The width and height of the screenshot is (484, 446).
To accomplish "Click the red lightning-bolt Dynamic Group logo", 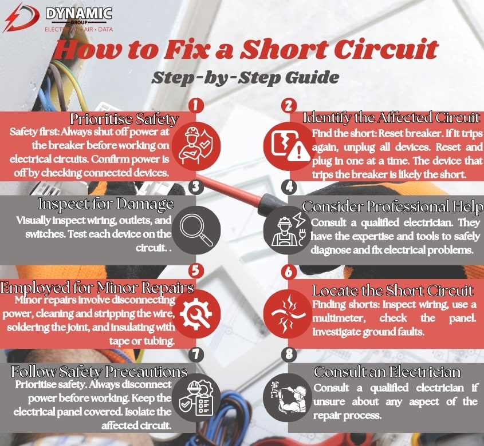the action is click(21, 18).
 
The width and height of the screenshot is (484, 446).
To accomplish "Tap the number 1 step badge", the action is click(196, 105).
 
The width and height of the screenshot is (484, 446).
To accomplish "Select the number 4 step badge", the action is click(289, 187).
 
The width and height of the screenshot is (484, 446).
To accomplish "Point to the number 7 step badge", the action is click(196, 355).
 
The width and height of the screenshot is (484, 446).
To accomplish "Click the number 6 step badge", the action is click(289, 272).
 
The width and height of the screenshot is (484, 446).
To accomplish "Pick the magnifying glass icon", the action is click(196, 230).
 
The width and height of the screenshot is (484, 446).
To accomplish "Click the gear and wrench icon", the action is click(196, 314).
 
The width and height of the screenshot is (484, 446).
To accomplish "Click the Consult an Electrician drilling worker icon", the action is click(288, 397).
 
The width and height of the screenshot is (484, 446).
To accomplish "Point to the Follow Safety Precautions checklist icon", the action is click(196, 397).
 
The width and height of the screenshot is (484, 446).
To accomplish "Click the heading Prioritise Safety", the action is click(124, 119).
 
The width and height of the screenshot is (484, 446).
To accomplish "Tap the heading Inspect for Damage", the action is click(106, 204).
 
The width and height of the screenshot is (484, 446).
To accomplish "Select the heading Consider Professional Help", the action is click(392, 206).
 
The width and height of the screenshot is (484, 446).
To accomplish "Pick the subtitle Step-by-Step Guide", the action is click(245, 77).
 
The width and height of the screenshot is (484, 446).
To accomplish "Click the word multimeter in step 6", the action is click(339, 318).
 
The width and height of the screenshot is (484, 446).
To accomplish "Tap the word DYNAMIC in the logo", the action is click(78, 13).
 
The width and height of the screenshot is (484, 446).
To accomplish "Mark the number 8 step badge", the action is click(289, 355).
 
